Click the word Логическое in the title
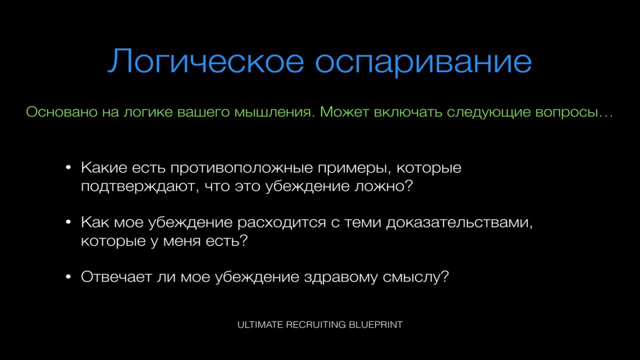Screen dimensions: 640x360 pos(205,61)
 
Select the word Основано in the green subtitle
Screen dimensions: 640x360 pos(61,111)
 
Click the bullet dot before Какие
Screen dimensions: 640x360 pos(68,167)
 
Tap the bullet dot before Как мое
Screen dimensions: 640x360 pos(68,222)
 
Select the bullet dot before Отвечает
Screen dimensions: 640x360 pos(68,276)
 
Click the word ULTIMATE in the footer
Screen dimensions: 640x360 pos(260,325)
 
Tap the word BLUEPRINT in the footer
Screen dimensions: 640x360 pos(375,325)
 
